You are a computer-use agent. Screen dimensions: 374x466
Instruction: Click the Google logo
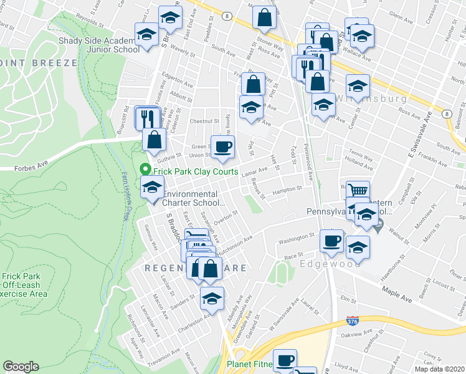click(x=21, y=367)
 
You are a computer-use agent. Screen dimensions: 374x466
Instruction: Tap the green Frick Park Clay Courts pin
click(x=146, y=169)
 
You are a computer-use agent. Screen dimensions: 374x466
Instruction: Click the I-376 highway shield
click(x=352, y=322)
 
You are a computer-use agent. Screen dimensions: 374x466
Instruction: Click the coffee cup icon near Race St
click(x=331, y=241)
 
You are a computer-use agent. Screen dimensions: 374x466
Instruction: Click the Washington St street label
click(x=297, y=238)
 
